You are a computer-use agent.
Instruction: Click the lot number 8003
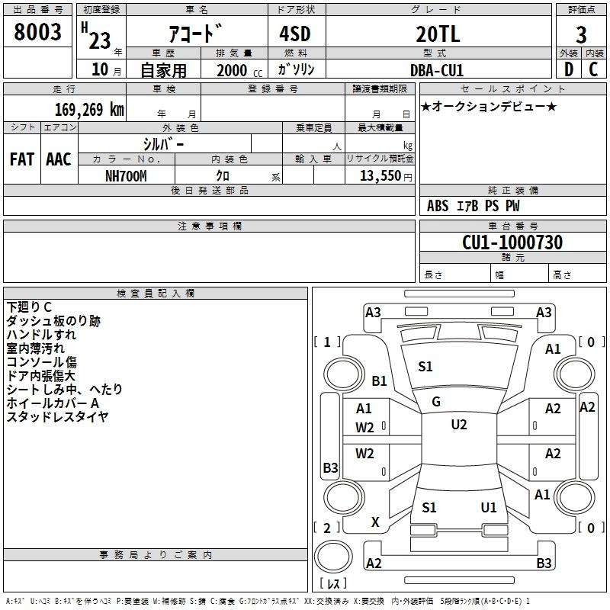pos(37,31)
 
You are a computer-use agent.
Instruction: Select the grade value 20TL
pos(438,34)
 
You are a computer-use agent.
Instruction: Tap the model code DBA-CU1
pos(437,70)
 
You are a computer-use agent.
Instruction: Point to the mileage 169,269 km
pos(89,109)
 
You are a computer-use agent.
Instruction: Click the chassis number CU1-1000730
pos(512,242)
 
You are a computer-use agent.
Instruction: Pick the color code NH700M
pos(126,176)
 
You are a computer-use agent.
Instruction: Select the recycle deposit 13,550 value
pos(380,175)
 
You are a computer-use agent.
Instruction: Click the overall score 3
pos(581,34)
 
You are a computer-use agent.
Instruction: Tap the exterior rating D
pos(569,69)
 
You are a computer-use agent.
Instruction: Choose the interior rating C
pos(593,69)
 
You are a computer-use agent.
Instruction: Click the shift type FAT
pos(22,159)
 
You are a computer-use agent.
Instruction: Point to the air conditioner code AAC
pos(59,159)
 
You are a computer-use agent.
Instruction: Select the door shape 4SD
pos(295,34)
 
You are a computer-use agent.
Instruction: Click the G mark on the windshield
pos(436,402)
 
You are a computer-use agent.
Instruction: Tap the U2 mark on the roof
pos(459,425)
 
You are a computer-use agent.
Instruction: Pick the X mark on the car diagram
pos(375,522)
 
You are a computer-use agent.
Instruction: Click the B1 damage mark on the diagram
pos(379,380)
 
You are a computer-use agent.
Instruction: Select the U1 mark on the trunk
pos(489,507)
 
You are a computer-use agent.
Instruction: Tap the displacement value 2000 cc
pos(239,70)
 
